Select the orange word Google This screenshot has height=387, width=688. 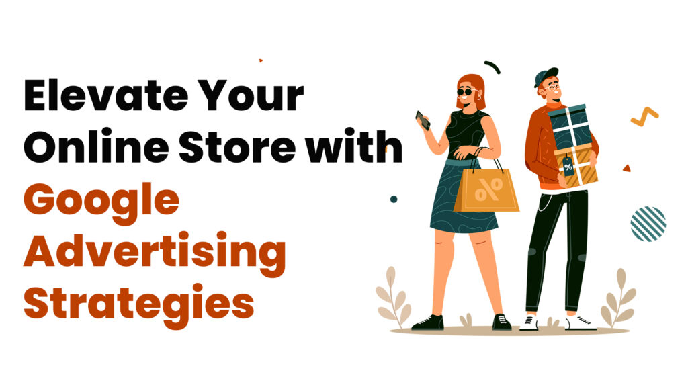101,201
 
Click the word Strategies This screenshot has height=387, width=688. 138,303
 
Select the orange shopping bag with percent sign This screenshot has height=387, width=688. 486,190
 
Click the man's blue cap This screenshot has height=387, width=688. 546,76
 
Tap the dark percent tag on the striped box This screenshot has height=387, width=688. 568,167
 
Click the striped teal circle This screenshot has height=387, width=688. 648,224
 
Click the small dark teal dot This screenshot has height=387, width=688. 394,199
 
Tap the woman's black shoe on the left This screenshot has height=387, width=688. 427,322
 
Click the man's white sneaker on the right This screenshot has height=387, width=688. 580,323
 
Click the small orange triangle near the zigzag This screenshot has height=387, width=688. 626,167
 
